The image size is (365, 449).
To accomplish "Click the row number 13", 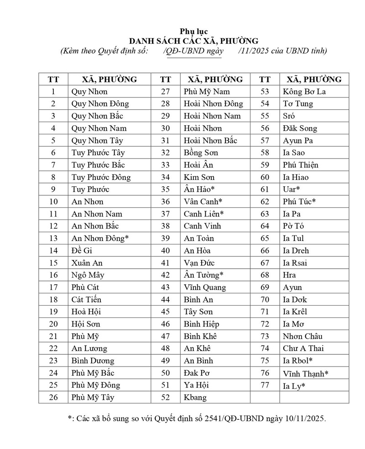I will pos(53,238).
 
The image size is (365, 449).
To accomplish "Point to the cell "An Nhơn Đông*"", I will pos(100,238).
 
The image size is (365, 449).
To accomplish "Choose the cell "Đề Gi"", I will pos(82,250).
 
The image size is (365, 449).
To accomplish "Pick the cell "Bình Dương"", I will pos(93,361).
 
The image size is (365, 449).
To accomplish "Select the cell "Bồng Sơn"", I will pos(201,153).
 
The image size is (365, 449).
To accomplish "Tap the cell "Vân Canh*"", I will pos(203,201).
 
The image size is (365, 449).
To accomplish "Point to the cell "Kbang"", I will pos(195,398).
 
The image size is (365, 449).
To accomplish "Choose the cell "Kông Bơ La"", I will pos(304,92).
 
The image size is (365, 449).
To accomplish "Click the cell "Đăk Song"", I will pos(300,128).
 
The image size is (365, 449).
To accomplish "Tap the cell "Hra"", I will pos(289,275).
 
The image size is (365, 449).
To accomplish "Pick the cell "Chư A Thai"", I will pos(303,348).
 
